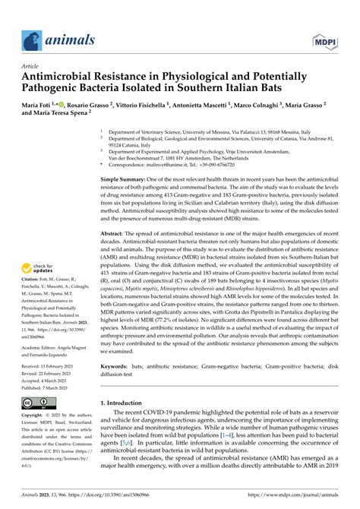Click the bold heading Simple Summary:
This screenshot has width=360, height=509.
(125, 179)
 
